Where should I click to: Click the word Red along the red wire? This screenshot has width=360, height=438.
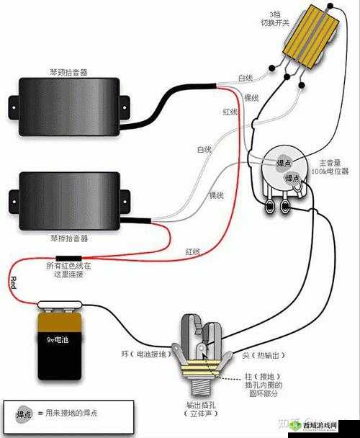[x=12, y=282]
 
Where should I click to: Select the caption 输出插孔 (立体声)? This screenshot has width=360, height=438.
[x=204, y=409]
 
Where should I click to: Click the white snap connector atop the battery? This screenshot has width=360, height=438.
[x=58, y=306]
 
